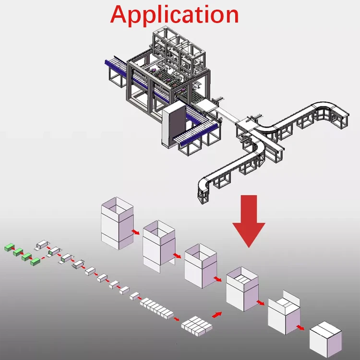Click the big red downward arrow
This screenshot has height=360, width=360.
pyautogui.click(x=248, y=220)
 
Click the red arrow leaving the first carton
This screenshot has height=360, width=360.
pyautogui.click(x=136, y=232)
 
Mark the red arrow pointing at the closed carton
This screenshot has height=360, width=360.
pyautogui.click(x=301, y=328)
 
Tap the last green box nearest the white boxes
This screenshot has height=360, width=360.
pyautogui.click(x=35, y=262)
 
